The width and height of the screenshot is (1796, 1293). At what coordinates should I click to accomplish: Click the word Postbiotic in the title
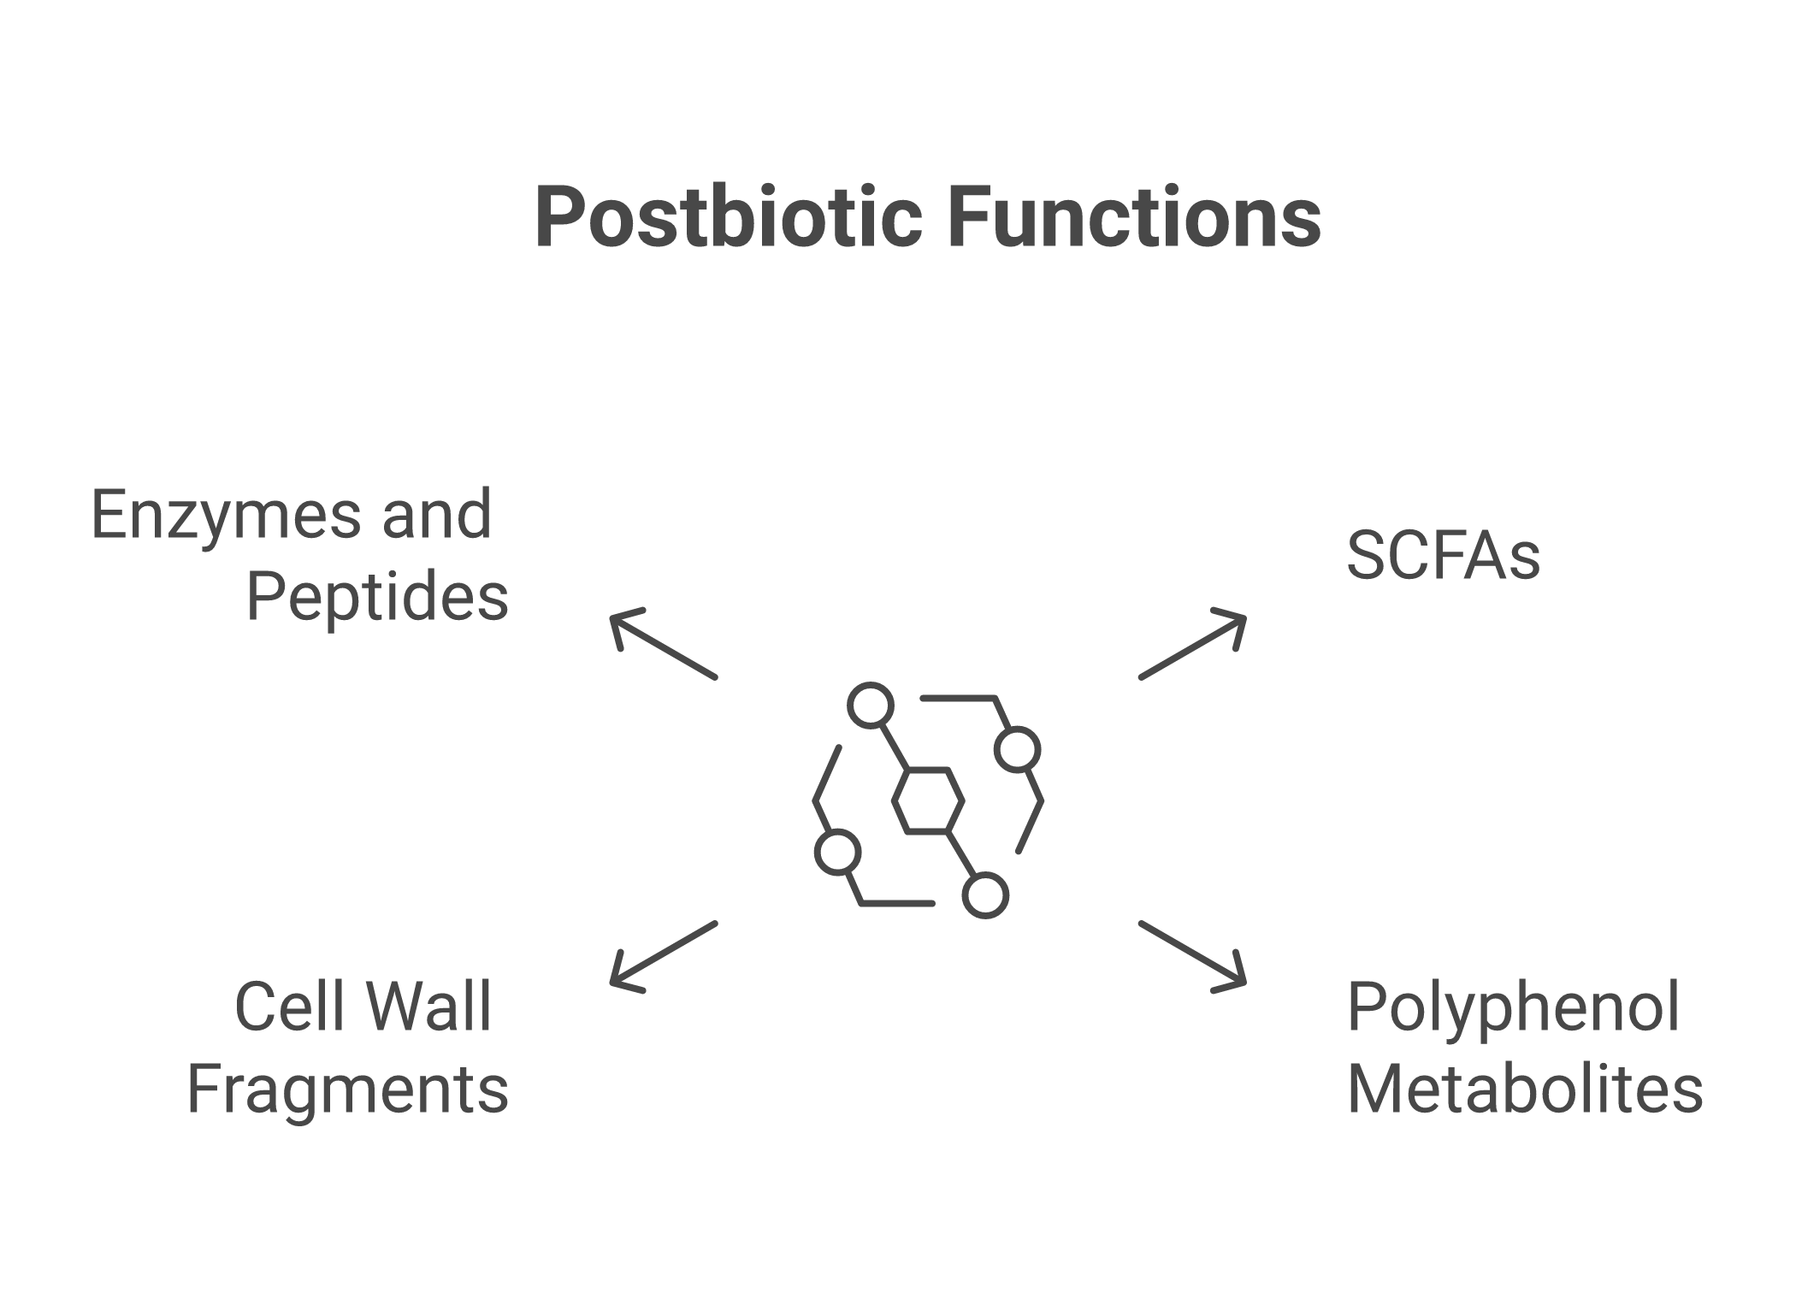pyautogui.click(x=728, y=218)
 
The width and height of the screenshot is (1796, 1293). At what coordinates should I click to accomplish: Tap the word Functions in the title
pyautogui.click(x=1134, y=218)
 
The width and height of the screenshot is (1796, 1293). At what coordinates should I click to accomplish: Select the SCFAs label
pyautogui.click(x=1443, y=556)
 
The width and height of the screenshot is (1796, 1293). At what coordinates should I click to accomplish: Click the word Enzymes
pyautogui.click(x=226, y=517)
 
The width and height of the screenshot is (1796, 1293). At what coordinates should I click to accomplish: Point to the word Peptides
pyautogui.click(x=377, y=598)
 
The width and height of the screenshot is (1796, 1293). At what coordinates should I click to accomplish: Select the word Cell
pyautogui.click(x=279, y=1007)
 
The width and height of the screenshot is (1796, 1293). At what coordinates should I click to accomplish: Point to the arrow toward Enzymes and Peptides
pyautogui.click(x=664, y=644)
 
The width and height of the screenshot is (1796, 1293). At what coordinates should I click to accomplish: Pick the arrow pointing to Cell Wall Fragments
pyautogui.click(x=664, y=957)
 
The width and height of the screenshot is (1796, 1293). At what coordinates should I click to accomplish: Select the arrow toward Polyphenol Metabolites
pyautogui.click(x=1192, y=957)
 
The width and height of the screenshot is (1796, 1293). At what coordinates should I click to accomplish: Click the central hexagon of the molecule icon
pyautogui.click(x=928, y=800)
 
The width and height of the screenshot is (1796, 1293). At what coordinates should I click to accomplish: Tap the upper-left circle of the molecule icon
pyautogui.click(x=871, y=706)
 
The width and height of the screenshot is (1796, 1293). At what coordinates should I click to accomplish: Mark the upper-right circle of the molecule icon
pyautogui.click(x=1018, y=750)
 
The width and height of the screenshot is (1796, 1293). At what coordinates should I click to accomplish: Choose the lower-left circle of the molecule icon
pyautogui.click(x=837, y=853)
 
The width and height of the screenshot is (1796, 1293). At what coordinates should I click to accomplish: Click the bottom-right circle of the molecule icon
pyautogui.click(x=985, y=895)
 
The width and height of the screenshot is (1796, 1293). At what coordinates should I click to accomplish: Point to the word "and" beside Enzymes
pyautogui.click(x=436, y=517)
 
